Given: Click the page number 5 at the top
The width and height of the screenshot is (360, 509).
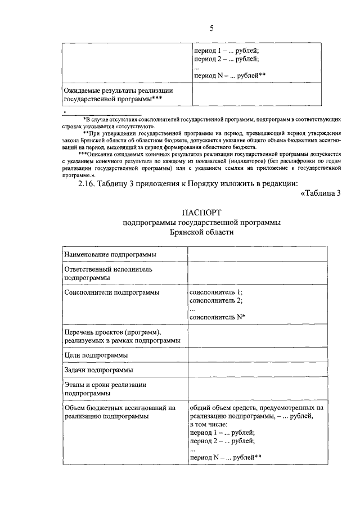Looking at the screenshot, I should (211, 28).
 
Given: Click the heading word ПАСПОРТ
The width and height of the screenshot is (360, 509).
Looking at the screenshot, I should (202, 212).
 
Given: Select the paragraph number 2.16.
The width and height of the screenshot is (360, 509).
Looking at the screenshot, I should (88, 183).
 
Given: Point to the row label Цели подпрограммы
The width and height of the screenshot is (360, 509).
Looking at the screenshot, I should (96, 355).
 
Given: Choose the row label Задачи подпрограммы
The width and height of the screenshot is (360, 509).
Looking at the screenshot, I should (98, 370).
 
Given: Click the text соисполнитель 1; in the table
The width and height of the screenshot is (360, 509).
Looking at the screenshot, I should (217, 292).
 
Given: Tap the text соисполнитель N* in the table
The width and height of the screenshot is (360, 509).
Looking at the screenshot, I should (218, 317).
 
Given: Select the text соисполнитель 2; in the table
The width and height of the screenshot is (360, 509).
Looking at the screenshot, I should (217, 300).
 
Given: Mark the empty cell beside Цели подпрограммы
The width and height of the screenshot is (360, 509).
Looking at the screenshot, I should (256, 355).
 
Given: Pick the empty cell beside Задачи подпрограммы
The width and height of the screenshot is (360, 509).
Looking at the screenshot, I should (256, 370).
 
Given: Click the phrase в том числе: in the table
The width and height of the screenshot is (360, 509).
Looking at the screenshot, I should (209, 424).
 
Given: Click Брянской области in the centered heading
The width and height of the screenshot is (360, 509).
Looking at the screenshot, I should (202, 232).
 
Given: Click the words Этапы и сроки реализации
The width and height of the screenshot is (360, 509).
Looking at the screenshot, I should (105, 385).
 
